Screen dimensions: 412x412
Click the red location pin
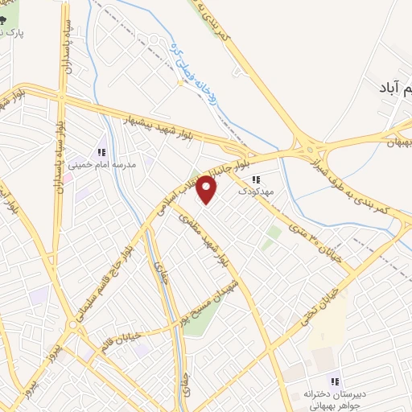[x=208, y=188]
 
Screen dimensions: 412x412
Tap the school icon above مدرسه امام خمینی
[x=101, y=151]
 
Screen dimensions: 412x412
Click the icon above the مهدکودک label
[x=256, y=180]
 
